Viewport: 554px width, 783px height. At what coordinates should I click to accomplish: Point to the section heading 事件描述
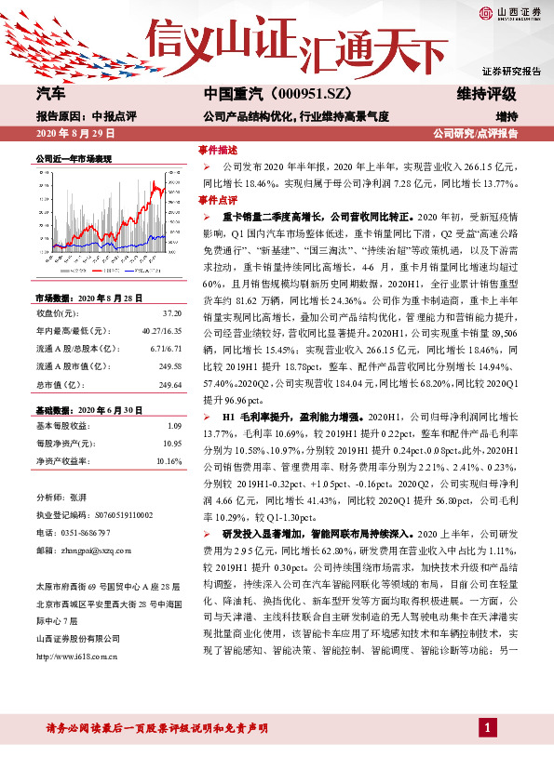[219, 150]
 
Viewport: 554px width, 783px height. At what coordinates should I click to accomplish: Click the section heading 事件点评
[219, 200]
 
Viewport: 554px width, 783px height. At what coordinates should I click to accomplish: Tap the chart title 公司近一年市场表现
[73, 159]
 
